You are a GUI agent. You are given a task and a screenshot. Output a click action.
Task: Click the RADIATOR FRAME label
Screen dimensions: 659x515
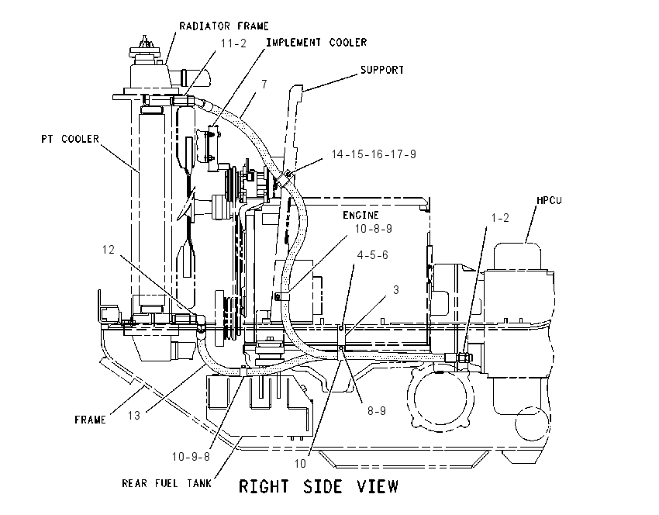[x=224, y=26]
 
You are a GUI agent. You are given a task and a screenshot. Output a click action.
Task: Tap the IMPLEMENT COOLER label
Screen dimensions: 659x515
[x=316, y=42]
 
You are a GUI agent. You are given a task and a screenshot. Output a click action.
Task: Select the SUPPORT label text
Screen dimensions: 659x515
[x=382, y=70]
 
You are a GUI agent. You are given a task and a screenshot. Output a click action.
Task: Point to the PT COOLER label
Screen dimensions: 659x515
[x=71, y=139]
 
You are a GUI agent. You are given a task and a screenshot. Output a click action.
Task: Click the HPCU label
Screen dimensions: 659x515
[x=550, y=200]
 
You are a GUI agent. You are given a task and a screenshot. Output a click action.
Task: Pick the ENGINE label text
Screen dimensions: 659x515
[x=361, y=216]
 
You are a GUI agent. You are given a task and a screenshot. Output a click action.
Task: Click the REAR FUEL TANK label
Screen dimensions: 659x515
[x=167, y=483]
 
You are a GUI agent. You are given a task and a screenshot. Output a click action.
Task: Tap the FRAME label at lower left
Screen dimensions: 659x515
[x=90, y=420]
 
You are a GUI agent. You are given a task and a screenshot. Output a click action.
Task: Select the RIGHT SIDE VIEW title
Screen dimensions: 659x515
[x=318, y=486]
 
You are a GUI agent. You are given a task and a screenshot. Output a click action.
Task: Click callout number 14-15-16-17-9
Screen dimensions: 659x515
[x=374, y=154]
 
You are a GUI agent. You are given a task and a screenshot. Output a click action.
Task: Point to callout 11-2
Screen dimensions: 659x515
[x=233, y=43]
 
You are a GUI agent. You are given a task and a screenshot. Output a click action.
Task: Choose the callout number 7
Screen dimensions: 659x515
[x=264, y=85]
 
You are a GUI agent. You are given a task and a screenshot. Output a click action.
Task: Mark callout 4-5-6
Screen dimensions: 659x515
[x=372, y=255]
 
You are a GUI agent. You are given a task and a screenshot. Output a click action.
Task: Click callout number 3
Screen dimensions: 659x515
[x=396, y=290]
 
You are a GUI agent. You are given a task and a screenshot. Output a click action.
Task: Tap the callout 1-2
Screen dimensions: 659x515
[x=500, y=218]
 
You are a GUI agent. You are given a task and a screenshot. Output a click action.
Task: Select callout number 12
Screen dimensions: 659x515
[x=109, y=250]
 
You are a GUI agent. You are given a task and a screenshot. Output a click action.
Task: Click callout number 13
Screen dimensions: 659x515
[x=133, y=416]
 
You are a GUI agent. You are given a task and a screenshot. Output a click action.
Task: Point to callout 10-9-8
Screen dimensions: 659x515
[x=191, y=457]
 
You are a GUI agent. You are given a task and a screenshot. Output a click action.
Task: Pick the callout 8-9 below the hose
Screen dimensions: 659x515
[x=377, y=411]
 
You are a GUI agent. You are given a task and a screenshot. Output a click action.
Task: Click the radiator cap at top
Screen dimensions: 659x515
[x=145, y=47]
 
